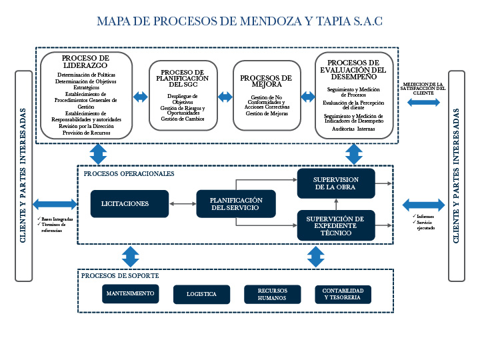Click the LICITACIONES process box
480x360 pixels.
click(125, 203)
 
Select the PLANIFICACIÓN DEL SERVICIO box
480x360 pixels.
click(236, 204)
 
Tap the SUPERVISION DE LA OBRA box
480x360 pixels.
click(336, 183)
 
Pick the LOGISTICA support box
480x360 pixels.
click(201, 294)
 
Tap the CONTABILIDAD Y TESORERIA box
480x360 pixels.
click(343, 294)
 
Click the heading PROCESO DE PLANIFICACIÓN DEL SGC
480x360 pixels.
click(183, 78)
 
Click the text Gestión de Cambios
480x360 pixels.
click(183, 119)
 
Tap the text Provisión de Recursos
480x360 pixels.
click(87, 133)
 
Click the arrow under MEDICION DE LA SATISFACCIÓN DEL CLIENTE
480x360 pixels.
click(423, 102)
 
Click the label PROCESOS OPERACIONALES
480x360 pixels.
click(129, 173)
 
